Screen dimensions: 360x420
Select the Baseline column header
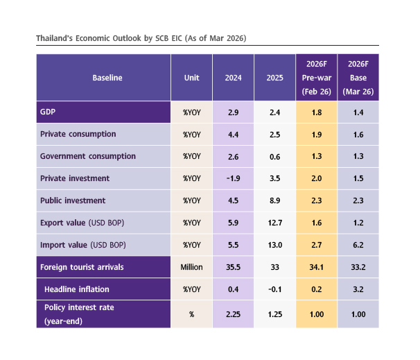[107, 78]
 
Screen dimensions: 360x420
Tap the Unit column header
[191, 78]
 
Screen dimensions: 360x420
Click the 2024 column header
[232, 78]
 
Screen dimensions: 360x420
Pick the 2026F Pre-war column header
[316, 78]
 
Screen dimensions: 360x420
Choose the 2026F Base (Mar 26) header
[358, 78]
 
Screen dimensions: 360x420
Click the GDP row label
[48, 111]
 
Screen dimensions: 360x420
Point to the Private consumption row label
[78, 134]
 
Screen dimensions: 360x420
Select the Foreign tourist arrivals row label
[87, 267]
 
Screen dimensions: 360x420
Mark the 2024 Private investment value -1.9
[232, 178]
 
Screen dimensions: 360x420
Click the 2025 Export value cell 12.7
[274, 223]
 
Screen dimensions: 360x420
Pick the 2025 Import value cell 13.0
[274, 245]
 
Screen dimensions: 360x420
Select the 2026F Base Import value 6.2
[358, 245]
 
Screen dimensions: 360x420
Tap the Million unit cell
[191, 267]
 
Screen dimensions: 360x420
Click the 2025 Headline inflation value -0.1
[274, 289]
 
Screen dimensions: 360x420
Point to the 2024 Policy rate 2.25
[232, 314]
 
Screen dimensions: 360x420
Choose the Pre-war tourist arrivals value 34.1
[316, 267]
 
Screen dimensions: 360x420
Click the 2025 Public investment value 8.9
[274, 200]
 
